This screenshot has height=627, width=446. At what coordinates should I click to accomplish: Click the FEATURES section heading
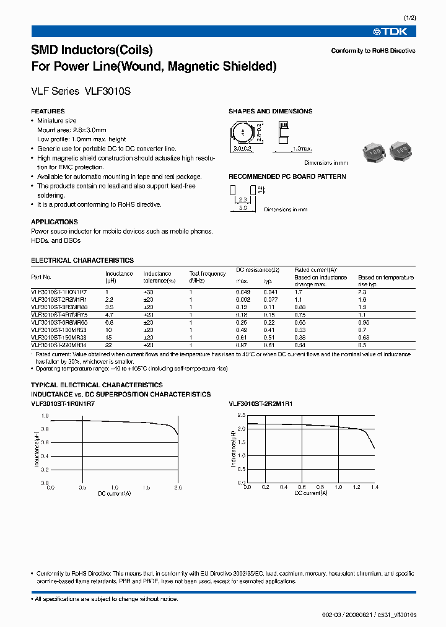point(48,112)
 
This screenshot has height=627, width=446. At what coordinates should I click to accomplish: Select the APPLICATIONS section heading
point(55,222)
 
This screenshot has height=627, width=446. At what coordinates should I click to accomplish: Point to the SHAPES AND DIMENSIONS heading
point(270,112)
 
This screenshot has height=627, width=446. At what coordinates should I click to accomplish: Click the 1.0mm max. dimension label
point(302,149)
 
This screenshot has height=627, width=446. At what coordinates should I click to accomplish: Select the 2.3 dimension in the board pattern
point(242,199)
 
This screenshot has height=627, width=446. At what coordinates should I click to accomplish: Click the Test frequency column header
point(208,277)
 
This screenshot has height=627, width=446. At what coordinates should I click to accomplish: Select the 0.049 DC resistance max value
point(243,291)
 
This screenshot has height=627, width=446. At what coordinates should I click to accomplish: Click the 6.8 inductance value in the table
point(110,322)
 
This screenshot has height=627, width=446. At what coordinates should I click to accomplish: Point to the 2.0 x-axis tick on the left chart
point(178,488)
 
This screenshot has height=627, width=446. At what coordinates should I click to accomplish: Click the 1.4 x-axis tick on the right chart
point(374,488)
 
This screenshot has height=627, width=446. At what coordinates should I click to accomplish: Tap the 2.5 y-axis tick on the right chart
point(242,415)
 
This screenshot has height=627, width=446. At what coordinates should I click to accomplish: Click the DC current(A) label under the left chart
point(114,494)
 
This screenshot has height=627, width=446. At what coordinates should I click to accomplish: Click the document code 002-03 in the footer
point(332,615)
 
